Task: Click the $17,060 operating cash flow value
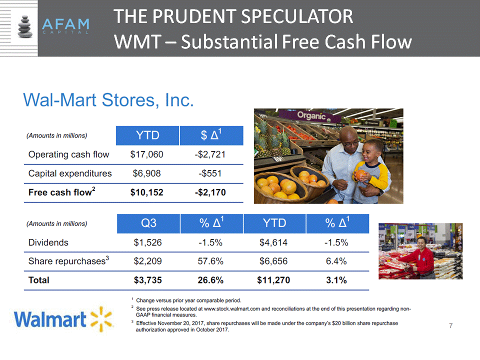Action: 146,154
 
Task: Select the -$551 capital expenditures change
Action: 210,173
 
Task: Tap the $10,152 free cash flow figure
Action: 146,192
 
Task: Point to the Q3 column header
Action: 148,223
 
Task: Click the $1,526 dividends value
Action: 147,243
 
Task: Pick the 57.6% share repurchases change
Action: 210,261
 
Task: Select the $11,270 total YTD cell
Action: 273,280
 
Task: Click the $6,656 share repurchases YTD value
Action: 273,261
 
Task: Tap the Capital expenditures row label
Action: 70,173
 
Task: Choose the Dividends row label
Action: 48,243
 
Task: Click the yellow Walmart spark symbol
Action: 102,319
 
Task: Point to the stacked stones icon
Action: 25,26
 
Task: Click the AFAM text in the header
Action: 65,24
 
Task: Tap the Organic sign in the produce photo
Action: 311,115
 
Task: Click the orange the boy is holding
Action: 360,175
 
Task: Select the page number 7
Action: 450,325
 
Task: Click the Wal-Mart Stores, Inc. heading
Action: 108,100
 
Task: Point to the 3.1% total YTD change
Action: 336,280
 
